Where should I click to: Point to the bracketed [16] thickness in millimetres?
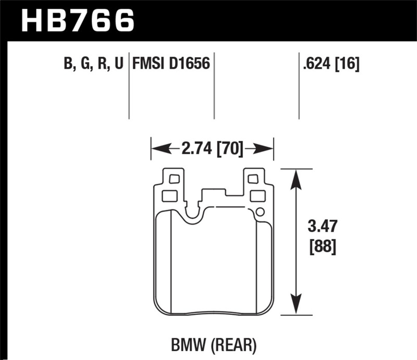click(348, 64)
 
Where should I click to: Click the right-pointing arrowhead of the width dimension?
click(266, 150)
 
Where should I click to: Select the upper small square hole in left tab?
click(174, 179)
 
